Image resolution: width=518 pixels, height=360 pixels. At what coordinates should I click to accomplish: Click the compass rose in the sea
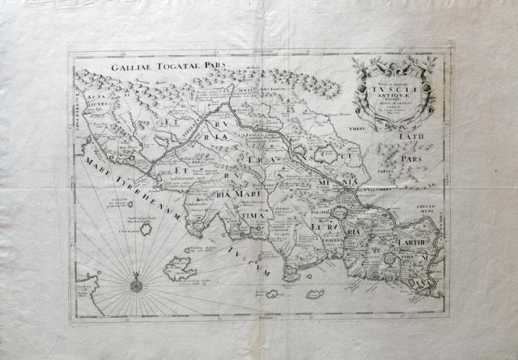135,281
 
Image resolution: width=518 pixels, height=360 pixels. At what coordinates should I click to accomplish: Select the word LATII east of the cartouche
411,138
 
